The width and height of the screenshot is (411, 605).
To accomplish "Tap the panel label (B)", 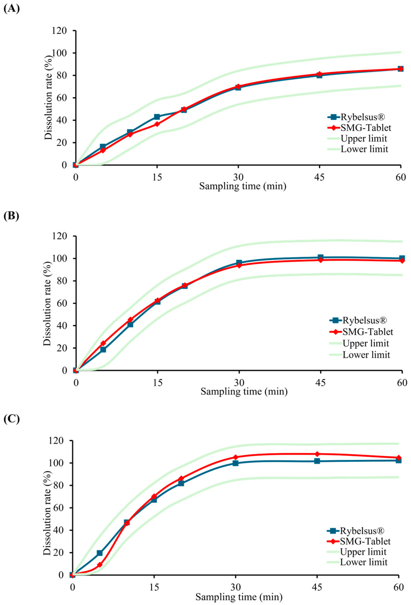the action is (x=11, y=216).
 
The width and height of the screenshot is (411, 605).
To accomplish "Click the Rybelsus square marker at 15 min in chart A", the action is (x=157, y=117).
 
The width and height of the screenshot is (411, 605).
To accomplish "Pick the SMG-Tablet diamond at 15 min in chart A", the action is (x=157, y=124).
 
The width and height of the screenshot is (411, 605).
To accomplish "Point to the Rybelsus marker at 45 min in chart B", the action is (x=321, y=258).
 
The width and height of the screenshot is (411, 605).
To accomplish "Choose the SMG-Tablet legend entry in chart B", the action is (x=361, y=332).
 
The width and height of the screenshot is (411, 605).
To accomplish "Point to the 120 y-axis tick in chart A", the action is (x=60, y=31).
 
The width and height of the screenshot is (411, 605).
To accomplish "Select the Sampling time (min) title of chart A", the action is (x=243, y=186).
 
